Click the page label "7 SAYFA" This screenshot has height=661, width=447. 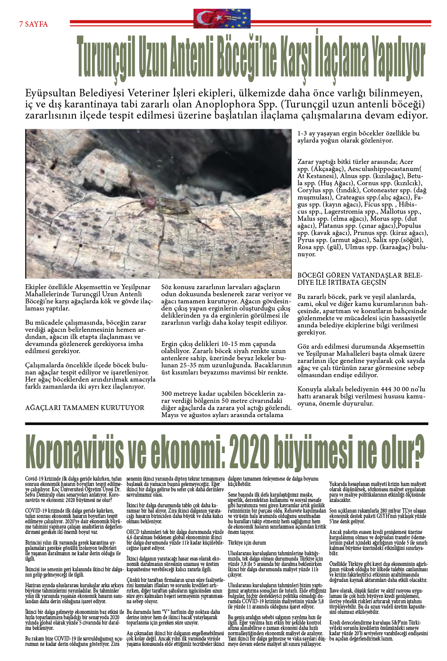[x=33, y=24]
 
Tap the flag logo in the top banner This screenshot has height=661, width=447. [x=222, y=19]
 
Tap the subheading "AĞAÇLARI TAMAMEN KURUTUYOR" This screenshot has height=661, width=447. [x=84, y=408]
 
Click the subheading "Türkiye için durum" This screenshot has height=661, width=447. [x=247, y=542]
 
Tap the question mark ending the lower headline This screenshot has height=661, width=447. [x=417, y=452]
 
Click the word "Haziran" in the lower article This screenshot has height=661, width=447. [x=32, y=585]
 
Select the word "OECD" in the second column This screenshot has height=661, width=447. [x=133, y=532]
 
